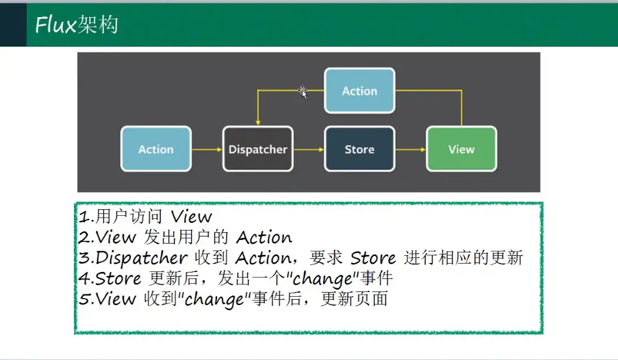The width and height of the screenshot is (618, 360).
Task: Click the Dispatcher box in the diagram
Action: [x=258, y=149]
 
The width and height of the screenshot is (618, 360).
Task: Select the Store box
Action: [x=360, y=149]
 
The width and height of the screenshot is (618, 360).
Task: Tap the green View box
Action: [x=461, y=149]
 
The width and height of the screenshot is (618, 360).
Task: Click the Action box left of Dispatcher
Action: [x=156, y=149]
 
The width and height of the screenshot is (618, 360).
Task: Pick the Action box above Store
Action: [x=360, y=90]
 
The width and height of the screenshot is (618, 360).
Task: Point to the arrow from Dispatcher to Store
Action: [x=309, y=150]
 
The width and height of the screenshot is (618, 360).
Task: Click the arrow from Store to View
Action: [x=410, y=150]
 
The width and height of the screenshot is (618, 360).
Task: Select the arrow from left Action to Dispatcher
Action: [x=207, y=150]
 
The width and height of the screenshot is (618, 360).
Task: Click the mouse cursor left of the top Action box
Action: [x=303, y=92]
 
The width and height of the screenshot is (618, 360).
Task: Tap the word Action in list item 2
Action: [x=264, y=238]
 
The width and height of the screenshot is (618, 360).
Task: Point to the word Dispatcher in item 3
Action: [x=141, y=258]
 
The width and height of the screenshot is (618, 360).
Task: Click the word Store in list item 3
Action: [x=373, y=258]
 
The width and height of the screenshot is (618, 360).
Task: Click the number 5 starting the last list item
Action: [x=83, y=299]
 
